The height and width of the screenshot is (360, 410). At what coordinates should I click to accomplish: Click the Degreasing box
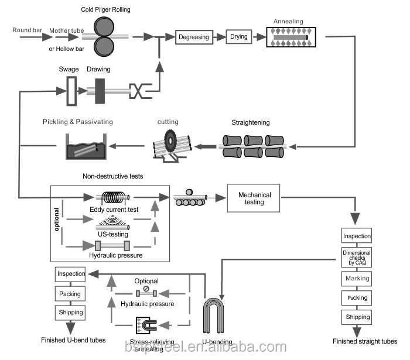(x=194, y=37)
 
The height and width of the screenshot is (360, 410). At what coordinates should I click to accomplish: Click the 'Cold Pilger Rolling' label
(x=105, y=10)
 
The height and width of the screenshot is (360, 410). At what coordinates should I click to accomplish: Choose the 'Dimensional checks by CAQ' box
(x=357, y=257)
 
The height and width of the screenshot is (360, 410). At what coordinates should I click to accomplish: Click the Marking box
(x=357, y=278)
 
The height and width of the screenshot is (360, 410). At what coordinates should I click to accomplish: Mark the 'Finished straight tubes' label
(x=364, y=341)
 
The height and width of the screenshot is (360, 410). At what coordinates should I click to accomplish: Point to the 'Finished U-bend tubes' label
(x=73, y=340)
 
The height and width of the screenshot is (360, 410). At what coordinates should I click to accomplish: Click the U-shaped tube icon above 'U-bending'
(x=216, y=316)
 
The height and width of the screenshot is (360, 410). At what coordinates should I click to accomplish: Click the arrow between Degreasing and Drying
(x=218, y=37)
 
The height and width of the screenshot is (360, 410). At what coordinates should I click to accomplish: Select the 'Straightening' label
(x=251, y=122)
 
